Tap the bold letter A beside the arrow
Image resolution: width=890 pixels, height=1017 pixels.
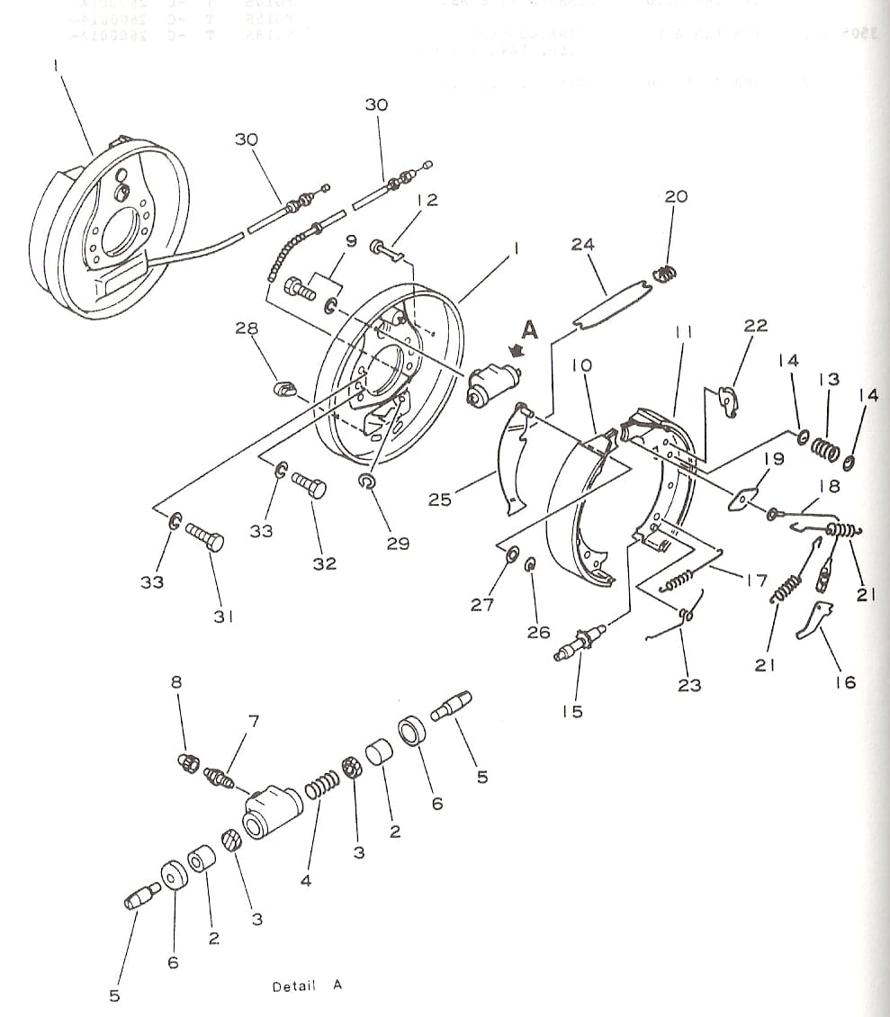tap(529, 331)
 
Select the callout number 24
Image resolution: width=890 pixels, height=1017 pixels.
tap(582, 244)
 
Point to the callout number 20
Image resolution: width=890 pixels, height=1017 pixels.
tap(676, 196)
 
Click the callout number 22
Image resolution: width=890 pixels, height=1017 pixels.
tap(756, 326)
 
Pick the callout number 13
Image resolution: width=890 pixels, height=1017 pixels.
tap(829, 380)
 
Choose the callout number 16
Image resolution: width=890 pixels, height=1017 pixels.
tap(845, 682)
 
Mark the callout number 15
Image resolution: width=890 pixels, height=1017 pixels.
tap(572, 712)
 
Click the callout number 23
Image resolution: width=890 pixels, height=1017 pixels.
tap(689, 686)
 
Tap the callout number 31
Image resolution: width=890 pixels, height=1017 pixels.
tap(223, 616)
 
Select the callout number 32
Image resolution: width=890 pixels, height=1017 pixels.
tap(325, 563)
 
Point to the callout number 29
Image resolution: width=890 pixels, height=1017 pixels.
tap(398, 544)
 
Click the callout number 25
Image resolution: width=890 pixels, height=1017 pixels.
tap(439, 499)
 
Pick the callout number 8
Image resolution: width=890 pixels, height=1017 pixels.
tap(176, 682)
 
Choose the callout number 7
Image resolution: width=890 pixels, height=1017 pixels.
tap(253, 720)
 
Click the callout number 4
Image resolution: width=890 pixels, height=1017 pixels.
tap(306, 880)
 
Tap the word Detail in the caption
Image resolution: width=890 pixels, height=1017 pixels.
tap(294, 986)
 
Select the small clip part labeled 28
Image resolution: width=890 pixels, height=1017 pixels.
tap(283, 390)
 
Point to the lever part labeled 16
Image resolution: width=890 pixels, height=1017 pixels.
tap(816, 619)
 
